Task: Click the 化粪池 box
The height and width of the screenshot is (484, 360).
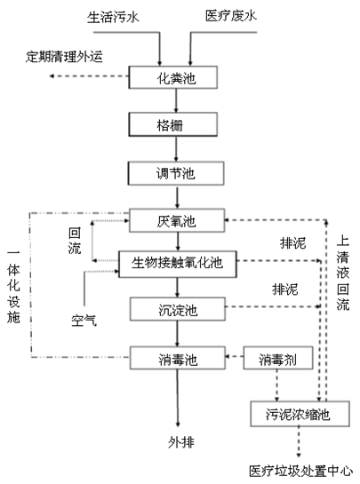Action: [175, 77]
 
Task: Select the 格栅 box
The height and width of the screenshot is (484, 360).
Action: [175, 124]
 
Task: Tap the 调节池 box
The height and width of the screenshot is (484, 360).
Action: [175, 171]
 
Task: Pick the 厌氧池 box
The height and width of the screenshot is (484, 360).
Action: [175, 218]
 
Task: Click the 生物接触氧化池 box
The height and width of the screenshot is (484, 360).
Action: [175, 262]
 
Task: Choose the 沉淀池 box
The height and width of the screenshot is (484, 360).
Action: [175, 308]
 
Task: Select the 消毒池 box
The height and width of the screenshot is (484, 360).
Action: [175, 359]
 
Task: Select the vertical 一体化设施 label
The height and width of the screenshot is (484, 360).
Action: [13, 284]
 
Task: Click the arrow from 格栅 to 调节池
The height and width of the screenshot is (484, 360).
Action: [175, 147]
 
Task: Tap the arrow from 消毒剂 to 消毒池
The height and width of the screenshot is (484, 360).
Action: [230, 359]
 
